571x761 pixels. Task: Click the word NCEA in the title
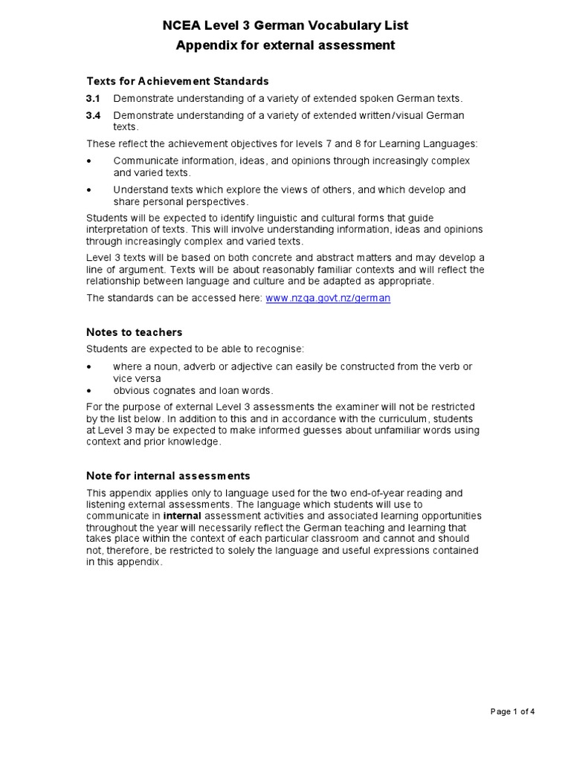180,26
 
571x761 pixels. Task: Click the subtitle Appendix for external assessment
285,46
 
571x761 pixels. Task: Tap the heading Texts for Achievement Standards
177,81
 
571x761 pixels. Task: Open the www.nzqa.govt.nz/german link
328,298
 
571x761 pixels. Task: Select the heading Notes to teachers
134,332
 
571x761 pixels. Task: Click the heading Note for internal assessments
168,476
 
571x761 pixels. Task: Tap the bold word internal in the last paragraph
182,516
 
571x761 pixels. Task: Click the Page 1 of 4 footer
513,711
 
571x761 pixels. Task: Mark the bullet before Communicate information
90,161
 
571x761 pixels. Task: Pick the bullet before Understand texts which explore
90,190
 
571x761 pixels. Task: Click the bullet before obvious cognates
90,390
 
